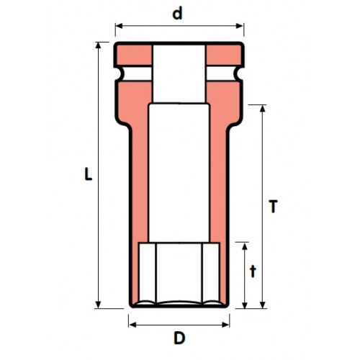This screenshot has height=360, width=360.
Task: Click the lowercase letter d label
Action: pyautogui.click(x=177, y=14)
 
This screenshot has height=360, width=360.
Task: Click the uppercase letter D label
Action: pyautogui.click(x=179, y=338)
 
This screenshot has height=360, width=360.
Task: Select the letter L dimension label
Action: pyautogui.click(x=88, y=174)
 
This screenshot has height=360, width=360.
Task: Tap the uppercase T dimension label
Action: pyautogui.click(x=273, y=206)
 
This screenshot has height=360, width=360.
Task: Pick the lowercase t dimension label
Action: pyautogui.click(x=253, y=271)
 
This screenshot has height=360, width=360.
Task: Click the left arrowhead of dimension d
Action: pyautogui.click(x=119, y=26)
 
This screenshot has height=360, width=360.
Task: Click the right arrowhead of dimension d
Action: pyautogui.click(x=240, y=26)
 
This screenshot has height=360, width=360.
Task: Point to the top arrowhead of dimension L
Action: pyautogui.click(x=98, y=45)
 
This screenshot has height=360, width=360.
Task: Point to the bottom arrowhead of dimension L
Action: pyautogui.click(x=98, y=305)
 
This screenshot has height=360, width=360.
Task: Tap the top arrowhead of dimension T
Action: pyautogui.click(x=263, y=109)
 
